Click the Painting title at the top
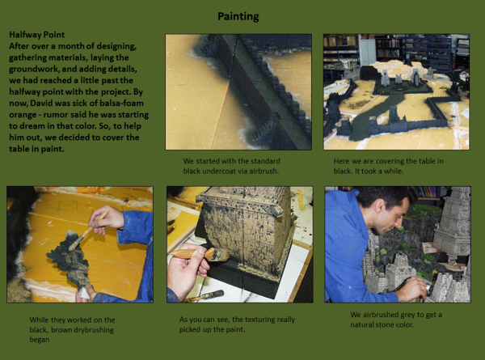238,16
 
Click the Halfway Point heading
37,35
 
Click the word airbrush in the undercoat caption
264,172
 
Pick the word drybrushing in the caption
94,330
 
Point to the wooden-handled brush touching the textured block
200,255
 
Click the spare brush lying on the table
205,295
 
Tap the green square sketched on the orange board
68,205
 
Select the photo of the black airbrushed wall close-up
238,92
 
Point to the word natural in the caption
362,325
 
